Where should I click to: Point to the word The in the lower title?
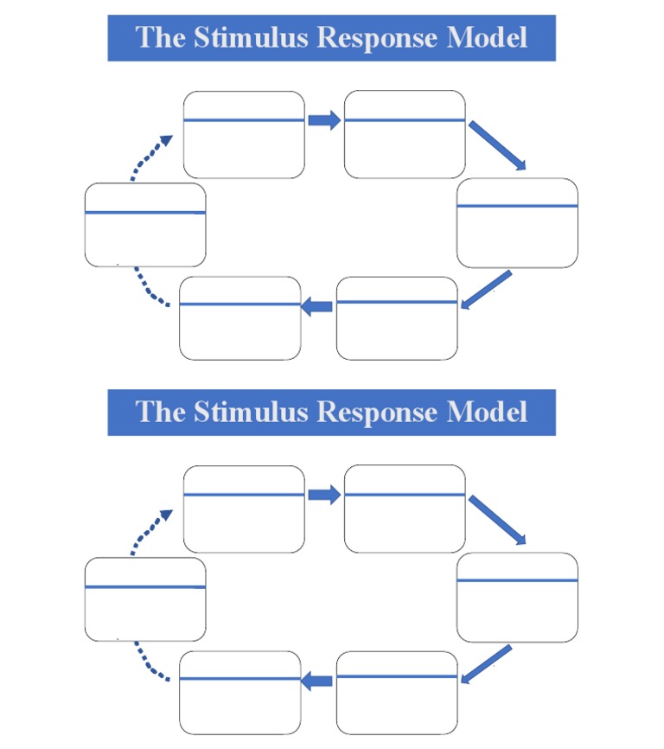pos(160,412)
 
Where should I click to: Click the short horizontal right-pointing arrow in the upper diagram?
pos(324,120)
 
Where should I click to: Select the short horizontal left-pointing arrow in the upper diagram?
pos(317,305)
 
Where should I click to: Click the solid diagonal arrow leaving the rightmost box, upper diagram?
pos(487,291)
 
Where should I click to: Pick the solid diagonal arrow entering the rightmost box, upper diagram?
pos(497,145)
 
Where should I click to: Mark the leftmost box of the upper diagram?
pos(145,225)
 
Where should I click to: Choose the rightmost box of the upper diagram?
pos(517,223)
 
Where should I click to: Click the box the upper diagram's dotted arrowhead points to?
pos(244,134)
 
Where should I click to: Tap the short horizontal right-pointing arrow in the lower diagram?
pos(324,495)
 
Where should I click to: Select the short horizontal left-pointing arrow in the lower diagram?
pos(317,681)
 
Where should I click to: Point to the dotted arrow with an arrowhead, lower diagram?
pos(149,532)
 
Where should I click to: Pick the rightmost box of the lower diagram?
pos(517,598)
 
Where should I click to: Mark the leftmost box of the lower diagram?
pos(145,599)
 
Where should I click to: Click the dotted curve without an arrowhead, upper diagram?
pos(152,289)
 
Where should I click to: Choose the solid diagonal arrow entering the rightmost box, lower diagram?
pos(497,520)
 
